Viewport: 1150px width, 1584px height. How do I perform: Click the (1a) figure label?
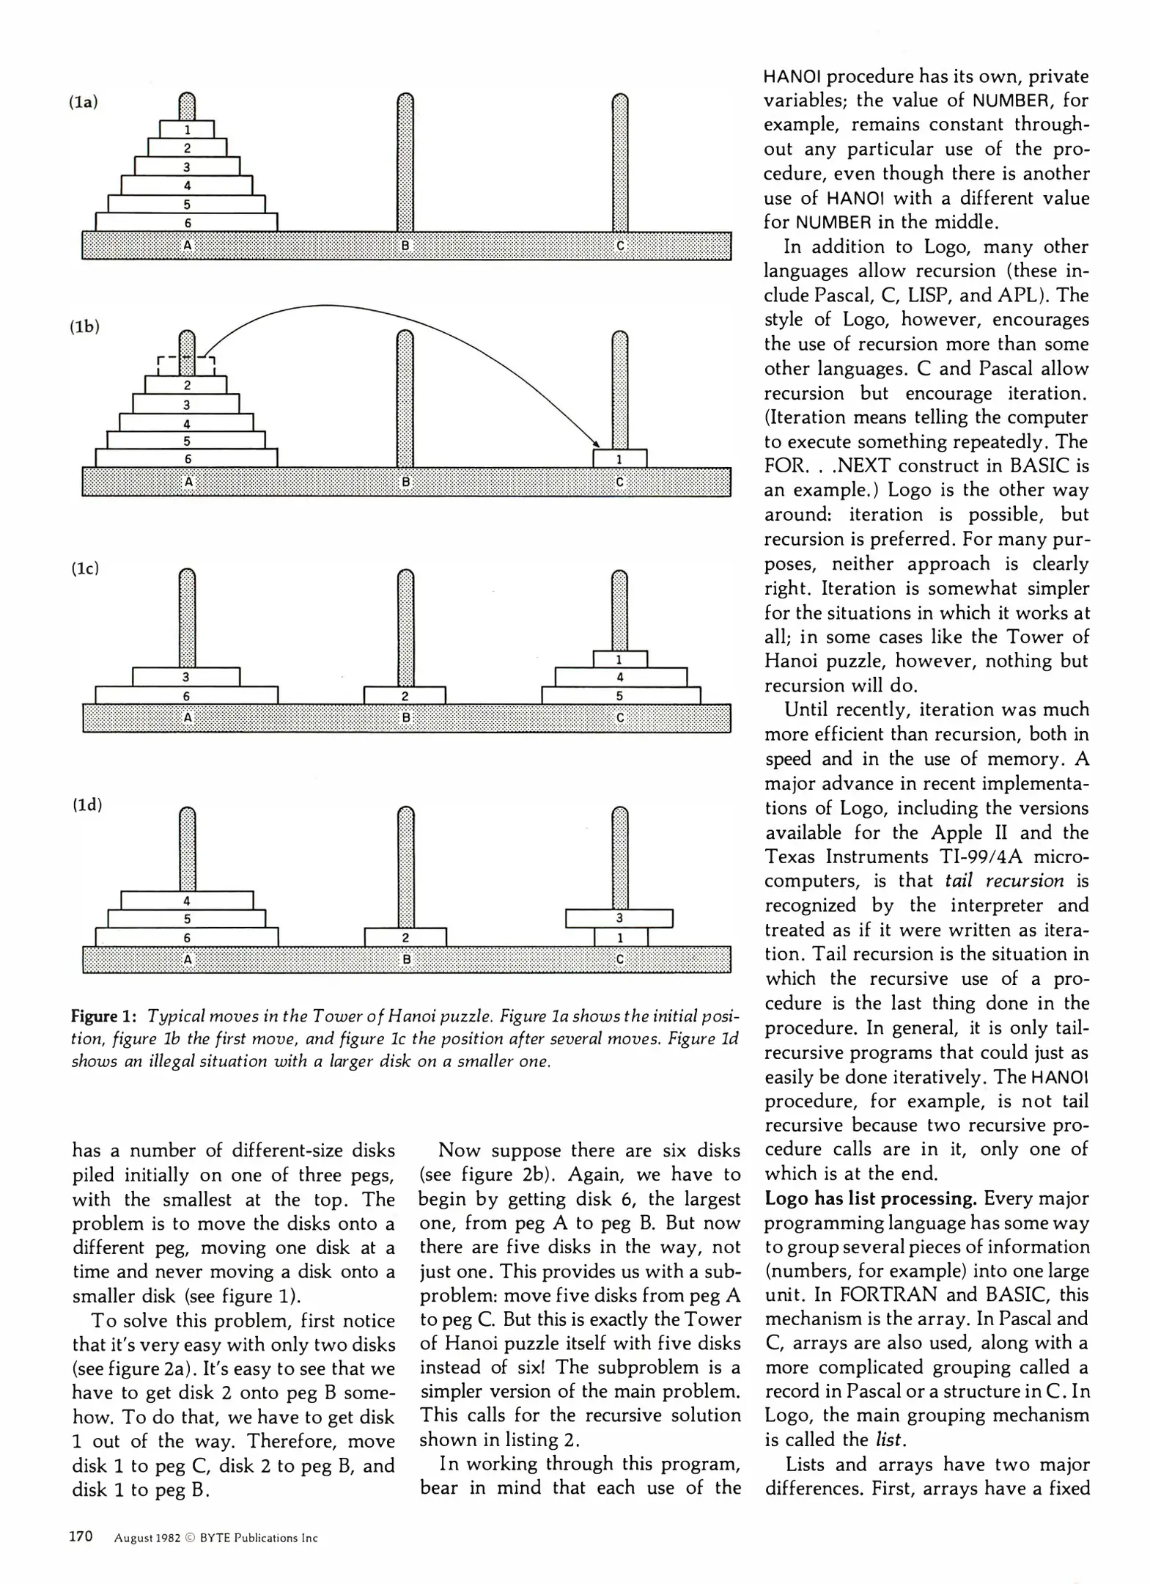point(84,103)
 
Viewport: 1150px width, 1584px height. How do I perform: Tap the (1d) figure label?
point(87,804)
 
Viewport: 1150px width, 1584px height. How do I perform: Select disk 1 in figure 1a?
point(187,130)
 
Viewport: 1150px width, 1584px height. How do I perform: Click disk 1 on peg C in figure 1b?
point(619,459)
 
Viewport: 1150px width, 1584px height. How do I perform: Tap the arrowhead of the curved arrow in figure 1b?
point(596,444)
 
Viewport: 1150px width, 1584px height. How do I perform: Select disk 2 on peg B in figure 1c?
point(405,696)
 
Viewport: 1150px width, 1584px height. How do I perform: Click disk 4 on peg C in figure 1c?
point(620,678)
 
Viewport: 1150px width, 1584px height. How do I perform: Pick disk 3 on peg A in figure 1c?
point(186,677)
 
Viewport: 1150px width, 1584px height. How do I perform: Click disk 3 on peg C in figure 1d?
point(619,918)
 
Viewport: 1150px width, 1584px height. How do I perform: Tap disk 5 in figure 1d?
point(187,919)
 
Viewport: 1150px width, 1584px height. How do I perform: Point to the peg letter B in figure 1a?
point(405,246)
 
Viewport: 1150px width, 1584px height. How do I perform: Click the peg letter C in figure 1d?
point(620,958)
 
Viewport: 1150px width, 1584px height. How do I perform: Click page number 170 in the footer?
point(81,1536)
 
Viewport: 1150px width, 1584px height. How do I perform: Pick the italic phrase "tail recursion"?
point(1004,881)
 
